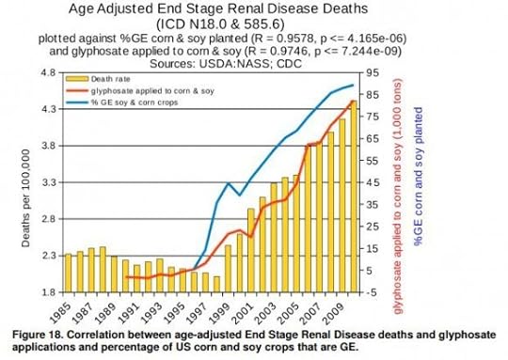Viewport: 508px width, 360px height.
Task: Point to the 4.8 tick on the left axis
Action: [x=41, y=72]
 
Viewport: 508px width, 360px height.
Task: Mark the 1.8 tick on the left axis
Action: [x=41, y=291]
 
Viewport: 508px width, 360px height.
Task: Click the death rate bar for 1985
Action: [x=69, y=273]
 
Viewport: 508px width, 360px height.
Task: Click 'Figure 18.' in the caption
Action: [x=35, y=333]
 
